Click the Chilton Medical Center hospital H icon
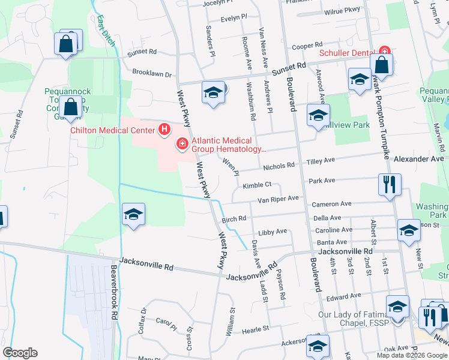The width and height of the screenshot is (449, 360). coord(164,130)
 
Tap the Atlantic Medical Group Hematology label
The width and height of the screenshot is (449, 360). coord(229,145)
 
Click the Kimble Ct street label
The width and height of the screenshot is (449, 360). coord(258,185)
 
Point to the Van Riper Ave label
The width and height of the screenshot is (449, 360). coord(278,199)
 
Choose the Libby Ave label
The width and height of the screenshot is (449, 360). coord(273,232)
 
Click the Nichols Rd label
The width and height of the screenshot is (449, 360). coord(279,165)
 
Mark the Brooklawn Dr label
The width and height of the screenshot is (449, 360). coord(152,76)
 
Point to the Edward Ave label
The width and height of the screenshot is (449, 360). coord(343,296)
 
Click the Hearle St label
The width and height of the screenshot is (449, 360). coord(255,329)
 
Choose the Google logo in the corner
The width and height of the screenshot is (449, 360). coord(20,353)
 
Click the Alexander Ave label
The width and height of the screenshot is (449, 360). coord(419,159)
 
